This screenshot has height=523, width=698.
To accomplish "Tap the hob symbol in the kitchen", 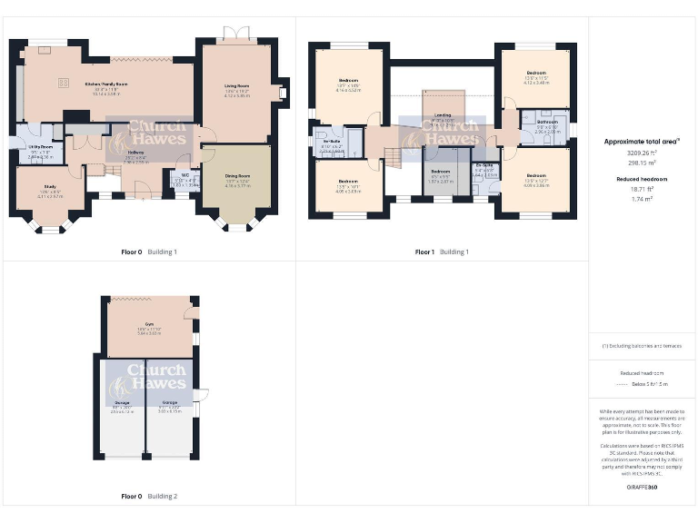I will (65, 84).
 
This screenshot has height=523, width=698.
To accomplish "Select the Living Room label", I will (237, 86).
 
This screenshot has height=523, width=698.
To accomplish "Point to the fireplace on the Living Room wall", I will (283, 92).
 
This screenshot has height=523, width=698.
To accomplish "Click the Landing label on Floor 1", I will (443, 115).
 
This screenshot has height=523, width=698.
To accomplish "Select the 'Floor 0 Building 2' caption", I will (150, 497).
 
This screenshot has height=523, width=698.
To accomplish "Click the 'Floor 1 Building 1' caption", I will (443, 252).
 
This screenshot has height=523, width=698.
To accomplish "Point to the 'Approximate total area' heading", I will (643, 142).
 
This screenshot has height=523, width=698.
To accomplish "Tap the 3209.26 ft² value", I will (643, 153).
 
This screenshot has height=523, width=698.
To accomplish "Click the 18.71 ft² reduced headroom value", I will (643, 189).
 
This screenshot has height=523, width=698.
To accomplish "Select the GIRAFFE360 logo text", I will (643, 488).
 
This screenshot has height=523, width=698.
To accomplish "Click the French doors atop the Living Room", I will (236, 34).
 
